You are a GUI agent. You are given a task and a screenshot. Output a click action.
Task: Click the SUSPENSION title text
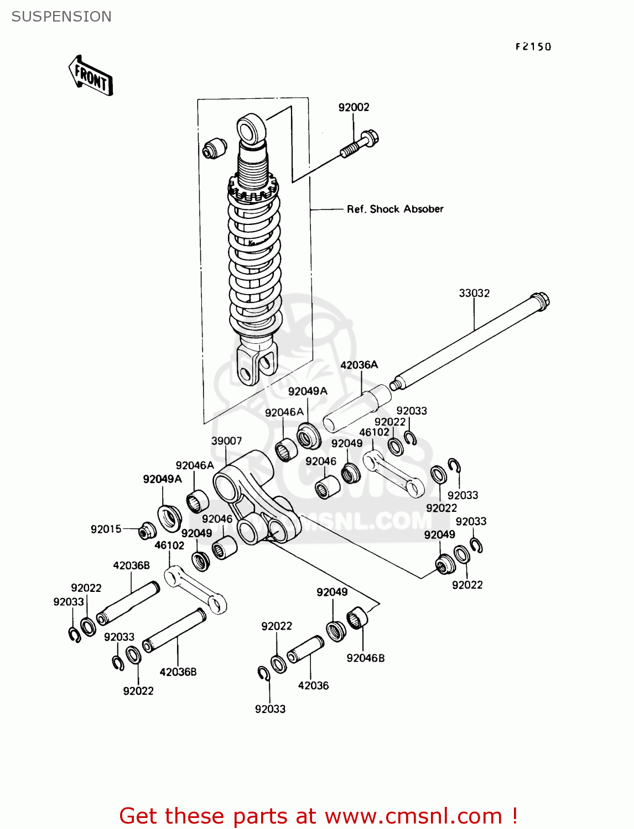pyautogui.click(x=61, y=17)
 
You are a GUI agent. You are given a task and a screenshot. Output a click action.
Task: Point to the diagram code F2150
pyautogui.click(x=533, y=47)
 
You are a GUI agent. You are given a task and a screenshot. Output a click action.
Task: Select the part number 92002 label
pyautogui.click(x=354, y=107)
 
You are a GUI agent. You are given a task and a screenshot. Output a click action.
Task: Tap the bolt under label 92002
pyautogui.click(x=360, y=143)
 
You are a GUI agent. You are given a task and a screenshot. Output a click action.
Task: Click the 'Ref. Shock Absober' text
pyautogui.click(x=395, y=209)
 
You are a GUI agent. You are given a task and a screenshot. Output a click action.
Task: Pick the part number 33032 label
pyautogui.click(x=474, y=293)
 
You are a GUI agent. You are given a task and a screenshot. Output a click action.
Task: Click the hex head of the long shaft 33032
pyautogui.click(x=541, y=301)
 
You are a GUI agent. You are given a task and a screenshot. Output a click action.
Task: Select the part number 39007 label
pyautogui.click(x=226, y=440)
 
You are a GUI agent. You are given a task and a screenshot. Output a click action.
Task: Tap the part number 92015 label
pyautogui.click(x=106, y=529)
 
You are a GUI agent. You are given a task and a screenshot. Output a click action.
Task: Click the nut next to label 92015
pyautogui.click(x=147, y=531)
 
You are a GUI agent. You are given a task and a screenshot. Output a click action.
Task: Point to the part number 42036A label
pyautogui.click(x=359, y=365)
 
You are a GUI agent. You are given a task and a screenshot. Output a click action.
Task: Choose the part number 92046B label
pyautogui.click(x=366, y=658)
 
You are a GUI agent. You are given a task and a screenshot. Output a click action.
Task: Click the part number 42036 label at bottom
pyautogui.click(x=313, y=685)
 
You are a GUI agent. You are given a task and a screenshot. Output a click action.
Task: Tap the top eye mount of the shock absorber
pyautogui.click(x=252, y=129)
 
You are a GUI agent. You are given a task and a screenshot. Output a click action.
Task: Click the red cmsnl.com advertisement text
pyautogui.click(x=318, y=816)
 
